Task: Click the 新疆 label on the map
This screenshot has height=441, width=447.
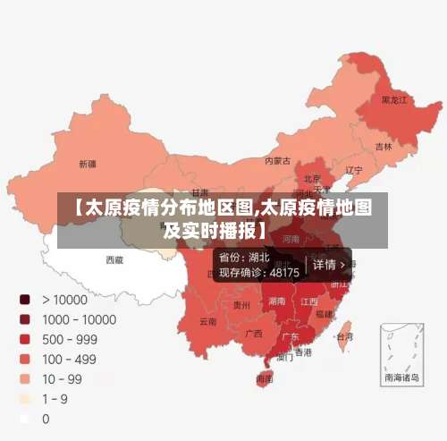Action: [87, 164]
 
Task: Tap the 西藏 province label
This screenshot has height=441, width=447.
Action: [114, 259]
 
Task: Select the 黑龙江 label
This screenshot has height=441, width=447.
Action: [394, 100]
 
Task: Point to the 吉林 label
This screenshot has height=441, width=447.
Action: [384, 146]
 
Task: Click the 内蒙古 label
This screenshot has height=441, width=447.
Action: [278, 161]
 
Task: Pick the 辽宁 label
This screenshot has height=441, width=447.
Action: [354, 170]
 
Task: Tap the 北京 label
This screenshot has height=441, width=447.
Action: [312, 179]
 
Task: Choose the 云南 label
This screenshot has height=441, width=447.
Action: [207, 320]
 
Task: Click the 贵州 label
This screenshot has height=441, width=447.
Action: [241, 305]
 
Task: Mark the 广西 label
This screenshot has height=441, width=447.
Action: [254, 334]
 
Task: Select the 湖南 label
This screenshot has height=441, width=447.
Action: [277, 301]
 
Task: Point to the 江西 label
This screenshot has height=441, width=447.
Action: [309, 301]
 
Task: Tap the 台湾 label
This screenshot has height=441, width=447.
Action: [344, 336]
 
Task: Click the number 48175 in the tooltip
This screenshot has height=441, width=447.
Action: [284, 272]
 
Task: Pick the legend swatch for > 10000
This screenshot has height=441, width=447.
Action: [25, 300]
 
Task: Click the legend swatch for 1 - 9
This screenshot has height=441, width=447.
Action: [25, 398]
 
